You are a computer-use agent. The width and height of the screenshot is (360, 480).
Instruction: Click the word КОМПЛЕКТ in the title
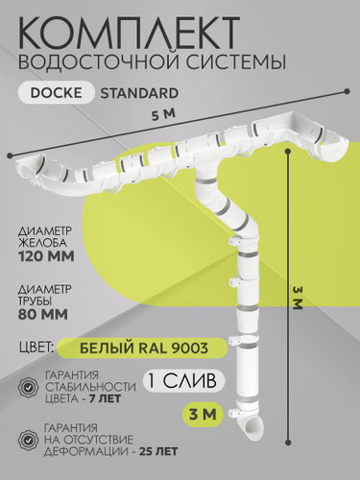(130, 31)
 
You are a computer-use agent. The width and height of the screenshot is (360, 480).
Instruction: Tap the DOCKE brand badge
(57, 92)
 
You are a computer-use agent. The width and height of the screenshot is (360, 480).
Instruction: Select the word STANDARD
(139, 93)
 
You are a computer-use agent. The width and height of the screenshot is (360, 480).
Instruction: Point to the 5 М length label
(163, 115)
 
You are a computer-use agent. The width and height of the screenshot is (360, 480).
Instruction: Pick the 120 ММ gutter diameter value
(47, 256)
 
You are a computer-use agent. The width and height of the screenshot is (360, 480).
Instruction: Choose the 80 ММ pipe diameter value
(43, 314)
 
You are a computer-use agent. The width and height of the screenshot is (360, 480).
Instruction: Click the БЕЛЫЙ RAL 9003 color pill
(143, 348)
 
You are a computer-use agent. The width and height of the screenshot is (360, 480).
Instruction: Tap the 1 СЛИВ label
(183, 381)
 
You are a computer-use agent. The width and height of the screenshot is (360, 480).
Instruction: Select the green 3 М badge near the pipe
(203, 415)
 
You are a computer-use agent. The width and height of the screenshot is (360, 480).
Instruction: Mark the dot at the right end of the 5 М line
(348, 91)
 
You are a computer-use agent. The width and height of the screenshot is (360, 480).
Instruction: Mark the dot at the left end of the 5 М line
(10, 156)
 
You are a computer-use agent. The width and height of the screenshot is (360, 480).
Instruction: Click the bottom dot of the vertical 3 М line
(288, 443)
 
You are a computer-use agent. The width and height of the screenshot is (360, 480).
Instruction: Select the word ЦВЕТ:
(36, 348)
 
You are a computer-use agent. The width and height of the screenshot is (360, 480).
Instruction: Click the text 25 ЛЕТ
(159, 451)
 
